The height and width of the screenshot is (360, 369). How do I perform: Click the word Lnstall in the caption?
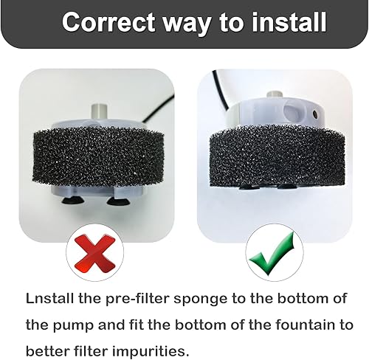(52, 299)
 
